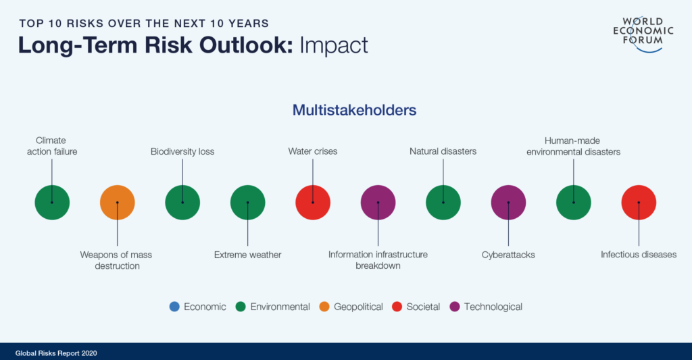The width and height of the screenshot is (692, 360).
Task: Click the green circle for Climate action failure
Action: click(x=52, y=203)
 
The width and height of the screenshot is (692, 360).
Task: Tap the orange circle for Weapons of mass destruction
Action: click(x=118, y=203)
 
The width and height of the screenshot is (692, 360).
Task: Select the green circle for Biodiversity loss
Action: click(x=182, y=203)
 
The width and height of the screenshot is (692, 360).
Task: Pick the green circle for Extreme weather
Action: click(x=247, y=203)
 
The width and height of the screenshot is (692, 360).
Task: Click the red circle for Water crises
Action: click(x=313, y=203)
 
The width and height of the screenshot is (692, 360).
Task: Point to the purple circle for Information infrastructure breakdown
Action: click(x=378, y=203)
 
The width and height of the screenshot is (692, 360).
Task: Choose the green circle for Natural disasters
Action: click(x=443, y=203)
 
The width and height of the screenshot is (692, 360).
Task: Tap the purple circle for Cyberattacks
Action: click(x=508, y=203)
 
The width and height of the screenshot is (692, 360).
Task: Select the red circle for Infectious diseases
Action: click(x=639, y=203)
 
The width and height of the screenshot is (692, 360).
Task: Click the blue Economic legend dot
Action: click(x=174, y=307)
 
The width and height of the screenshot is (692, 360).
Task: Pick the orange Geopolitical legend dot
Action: click(x=324, y=307)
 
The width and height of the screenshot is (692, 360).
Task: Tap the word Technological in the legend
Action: click(x=493, y=307)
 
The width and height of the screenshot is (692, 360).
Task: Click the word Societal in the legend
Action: click(x=423, y=307)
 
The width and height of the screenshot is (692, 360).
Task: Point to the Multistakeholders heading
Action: click(x=354, y=110)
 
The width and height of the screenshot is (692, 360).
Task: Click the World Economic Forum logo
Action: click(x=643, y=34)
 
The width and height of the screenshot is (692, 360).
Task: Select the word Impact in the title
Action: click(x=334, y=45)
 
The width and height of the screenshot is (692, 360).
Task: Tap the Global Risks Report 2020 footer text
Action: click(x=56, y=353)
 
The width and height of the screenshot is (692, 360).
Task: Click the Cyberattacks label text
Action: click(x=508, y=255)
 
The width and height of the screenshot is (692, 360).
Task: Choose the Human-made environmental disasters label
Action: click(x=573, y=146)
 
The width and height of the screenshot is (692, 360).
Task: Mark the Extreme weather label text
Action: click(x=247, y=255)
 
